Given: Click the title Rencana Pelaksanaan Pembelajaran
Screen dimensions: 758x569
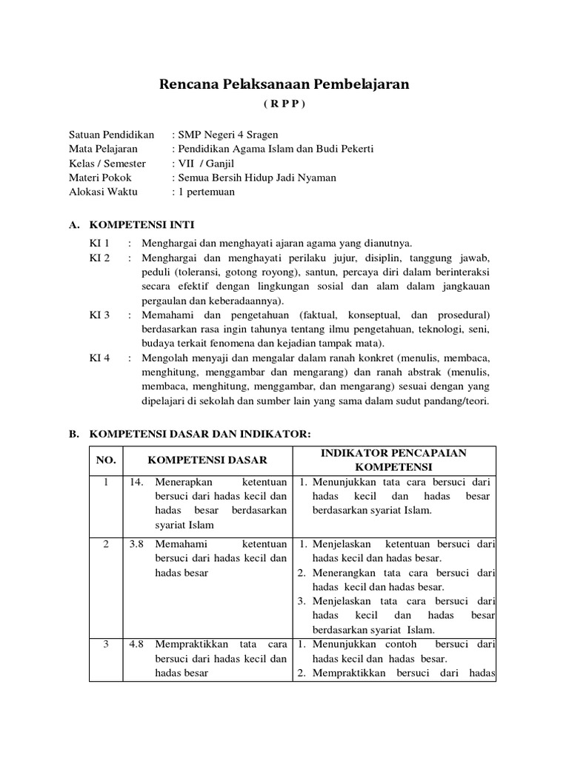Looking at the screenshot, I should [x=284, y=85].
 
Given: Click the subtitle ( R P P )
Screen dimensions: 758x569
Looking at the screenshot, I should [x=284, y=104].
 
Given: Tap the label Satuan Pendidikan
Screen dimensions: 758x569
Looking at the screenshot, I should [x=111, y=135].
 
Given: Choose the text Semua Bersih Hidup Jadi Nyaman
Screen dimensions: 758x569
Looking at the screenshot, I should [x=256, y=177].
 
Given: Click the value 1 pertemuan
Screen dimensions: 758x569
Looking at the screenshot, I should [x=205, y=191].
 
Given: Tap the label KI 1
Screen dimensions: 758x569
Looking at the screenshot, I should [x=99, y=244].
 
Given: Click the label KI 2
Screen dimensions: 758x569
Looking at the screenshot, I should [x=99, y=258].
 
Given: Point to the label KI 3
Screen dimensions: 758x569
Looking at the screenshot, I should [x=99, y=315].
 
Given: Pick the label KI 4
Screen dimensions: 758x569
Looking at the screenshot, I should [x=99, y=358].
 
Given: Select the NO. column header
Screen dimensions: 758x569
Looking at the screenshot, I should [x=106, y=460].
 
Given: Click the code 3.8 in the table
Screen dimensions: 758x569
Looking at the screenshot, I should [x=136, y=544].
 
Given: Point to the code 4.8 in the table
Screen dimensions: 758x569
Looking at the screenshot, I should [x=136, y=644].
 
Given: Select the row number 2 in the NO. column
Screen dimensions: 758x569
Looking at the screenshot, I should [x=106, y=544].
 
